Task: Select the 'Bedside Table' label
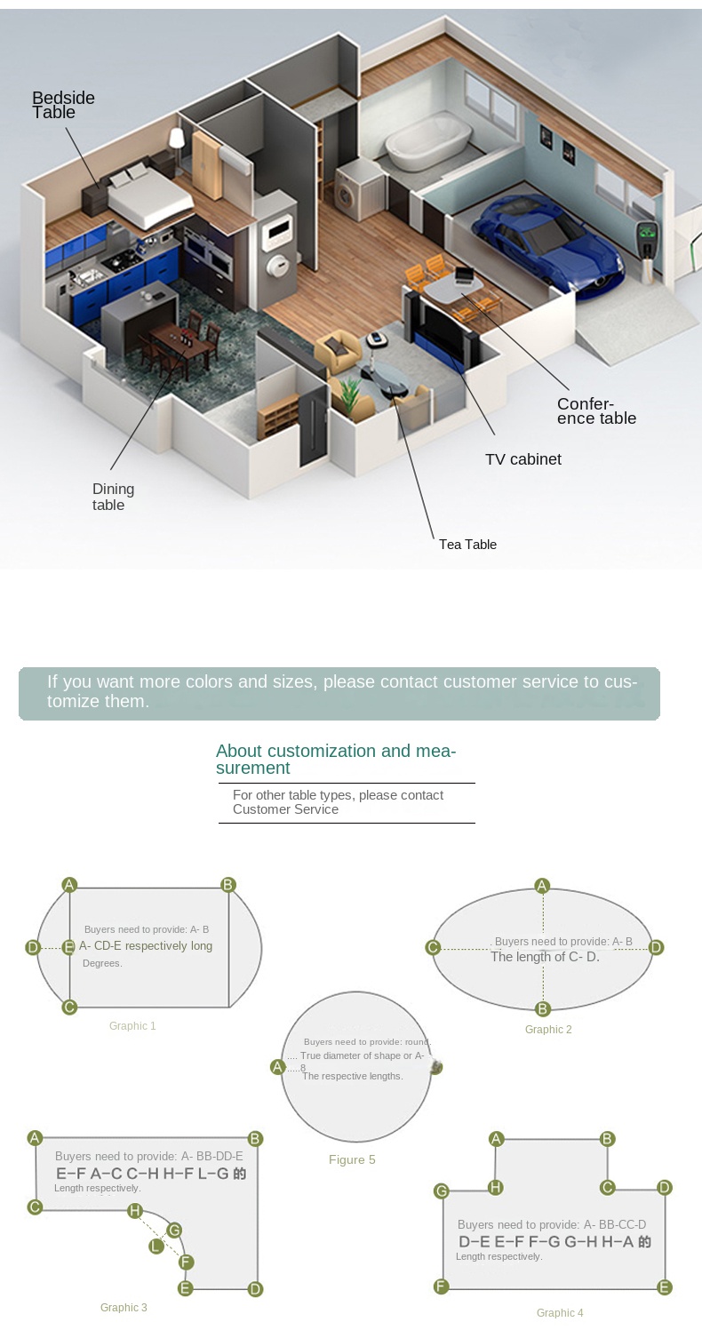(x=63, y=105)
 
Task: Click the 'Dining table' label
(x=113, y=497)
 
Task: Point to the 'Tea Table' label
(x=467, y=544)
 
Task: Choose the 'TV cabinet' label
(x=523, y=459)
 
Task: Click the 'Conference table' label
(x=596, y=410)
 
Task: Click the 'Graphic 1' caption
(x=132, y=1026)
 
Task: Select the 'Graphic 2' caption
(x=548, y=1030)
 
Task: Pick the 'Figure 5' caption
(x=352, y=1159)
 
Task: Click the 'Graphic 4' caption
(x=560, y=1312)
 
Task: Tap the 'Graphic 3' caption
(x=124, y=1308)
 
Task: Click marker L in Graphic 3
(x=156, y=1246)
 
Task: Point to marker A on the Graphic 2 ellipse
(x=542, y=885)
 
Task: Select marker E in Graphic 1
(x=69, y=947)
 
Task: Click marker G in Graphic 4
(x=441, y=1191)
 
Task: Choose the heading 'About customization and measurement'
(x=336, y=759)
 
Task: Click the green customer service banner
(x=339, y=693)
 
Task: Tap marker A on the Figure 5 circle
(x=278, y=1067)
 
